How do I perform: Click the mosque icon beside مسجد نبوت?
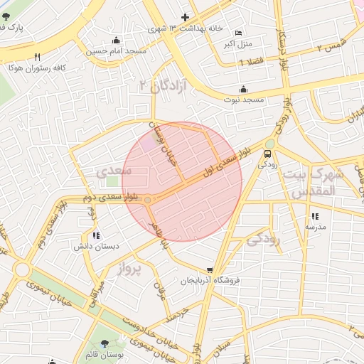click(x=244, y=90)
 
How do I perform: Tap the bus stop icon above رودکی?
click(x=268, y=153)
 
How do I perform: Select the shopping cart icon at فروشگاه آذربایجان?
click(x=210, y=270)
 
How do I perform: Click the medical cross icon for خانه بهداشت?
click(x=185, y=17)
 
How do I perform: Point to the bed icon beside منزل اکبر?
click(x=238, y=33)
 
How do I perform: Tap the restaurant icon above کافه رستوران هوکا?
click(x=37, y=57)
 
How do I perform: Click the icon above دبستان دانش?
click(x=97, y=235)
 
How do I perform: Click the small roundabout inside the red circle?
click(x=148, y=200)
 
